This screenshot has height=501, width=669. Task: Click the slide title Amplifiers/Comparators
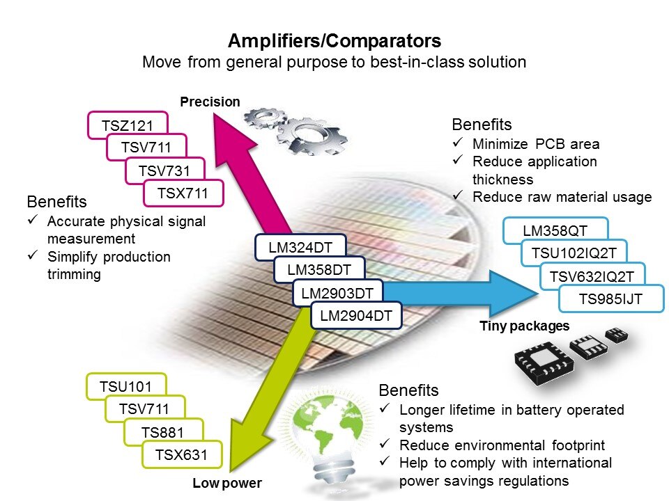pos(334,40)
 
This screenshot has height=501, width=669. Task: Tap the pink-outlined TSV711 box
pos(146,147)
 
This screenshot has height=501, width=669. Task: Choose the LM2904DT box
pos(356,315)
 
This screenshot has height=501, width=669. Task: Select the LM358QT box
pos(555,230)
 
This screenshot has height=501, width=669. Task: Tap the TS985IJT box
pos(611,299)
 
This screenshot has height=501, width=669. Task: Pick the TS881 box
pos(164,433)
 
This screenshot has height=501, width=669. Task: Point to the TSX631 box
pos(182,455)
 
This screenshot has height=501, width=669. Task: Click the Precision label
pos(210,102)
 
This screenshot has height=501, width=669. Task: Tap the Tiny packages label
pos(525,326)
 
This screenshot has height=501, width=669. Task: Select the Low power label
pos(227,484)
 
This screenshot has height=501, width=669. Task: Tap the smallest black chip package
pos(617,336)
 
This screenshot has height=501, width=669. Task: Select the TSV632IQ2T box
pos(592,276)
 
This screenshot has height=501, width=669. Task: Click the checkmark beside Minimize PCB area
pos(459,144)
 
